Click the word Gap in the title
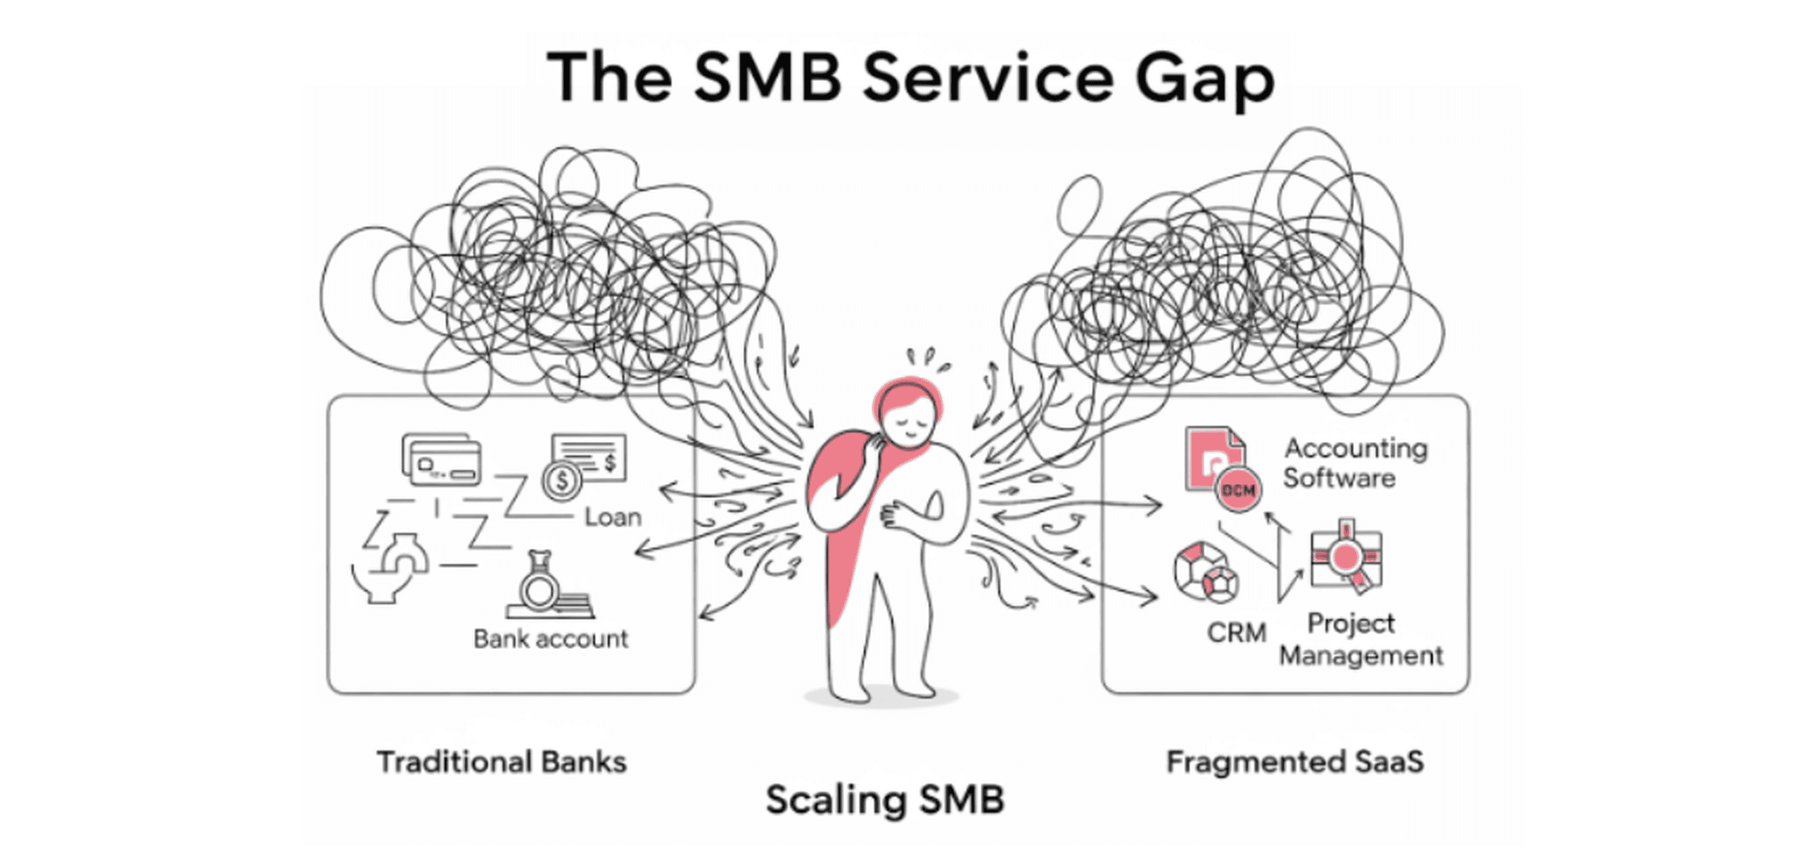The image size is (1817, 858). tap(1205, 79)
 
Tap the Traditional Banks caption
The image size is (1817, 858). tap(502, 762)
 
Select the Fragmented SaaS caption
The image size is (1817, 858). tap(1294, 762)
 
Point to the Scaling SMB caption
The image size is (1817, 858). tap(884, 800)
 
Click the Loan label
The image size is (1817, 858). tap(612, 517)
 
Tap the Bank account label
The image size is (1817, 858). tap(550, 638)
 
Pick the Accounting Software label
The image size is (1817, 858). tap(1354, 463)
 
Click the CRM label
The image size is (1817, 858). tap(1237, 633)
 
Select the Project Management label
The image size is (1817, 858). tap(1360, 639)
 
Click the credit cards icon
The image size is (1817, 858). tap(442, 460)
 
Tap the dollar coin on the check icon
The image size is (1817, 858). tap(562, 481)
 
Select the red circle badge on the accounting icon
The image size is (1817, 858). tap(1239, 490)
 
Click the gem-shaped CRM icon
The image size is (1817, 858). tap(1206, 572)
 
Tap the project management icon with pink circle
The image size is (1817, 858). tap(1345, 558)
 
